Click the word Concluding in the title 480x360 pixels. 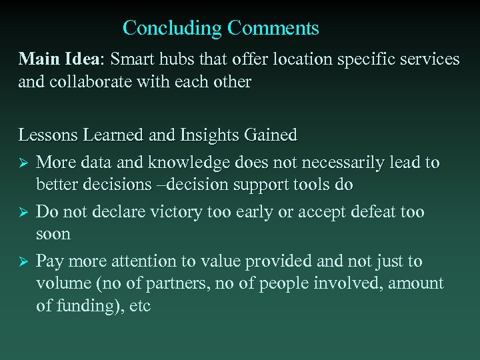(x=172, y=28)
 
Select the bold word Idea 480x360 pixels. (x=82, y=59)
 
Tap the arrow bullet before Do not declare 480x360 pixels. (x=23, y=213)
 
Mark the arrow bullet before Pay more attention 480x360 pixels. (x=23, y=261)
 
